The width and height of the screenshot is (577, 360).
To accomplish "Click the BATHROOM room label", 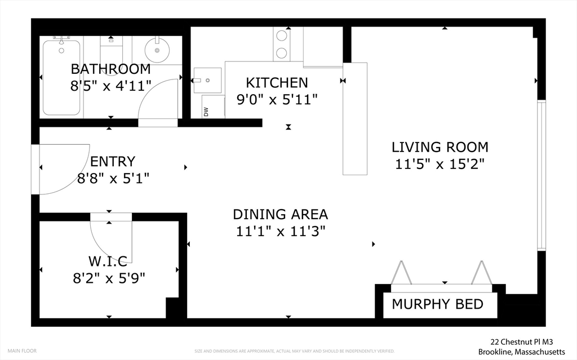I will click(x=110, y=69).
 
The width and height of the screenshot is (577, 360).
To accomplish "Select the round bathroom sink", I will click(x=157, y=51).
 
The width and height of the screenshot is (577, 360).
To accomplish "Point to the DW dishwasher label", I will click(x=206, y=112).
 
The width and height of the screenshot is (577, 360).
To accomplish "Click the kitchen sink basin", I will click(x=208, y=80).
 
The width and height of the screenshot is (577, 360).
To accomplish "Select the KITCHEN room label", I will click(x=277, y=83).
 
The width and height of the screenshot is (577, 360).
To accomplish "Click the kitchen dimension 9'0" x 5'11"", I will click(x=277, y=100).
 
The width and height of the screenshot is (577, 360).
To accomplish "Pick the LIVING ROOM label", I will click(x=440, y=148).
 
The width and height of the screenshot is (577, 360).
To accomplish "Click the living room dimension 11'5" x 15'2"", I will click(x=440, y=164).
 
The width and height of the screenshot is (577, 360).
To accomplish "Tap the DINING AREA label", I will click(x=280, y=214).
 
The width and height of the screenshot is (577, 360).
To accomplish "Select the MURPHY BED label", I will click(x=437, y=305).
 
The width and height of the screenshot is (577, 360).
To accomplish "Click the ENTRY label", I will click(x=113, y=162).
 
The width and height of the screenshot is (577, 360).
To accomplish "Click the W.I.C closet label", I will click(x=107, y=260).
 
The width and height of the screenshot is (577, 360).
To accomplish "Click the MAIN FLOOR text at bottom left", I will click(x=22, y=351).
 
